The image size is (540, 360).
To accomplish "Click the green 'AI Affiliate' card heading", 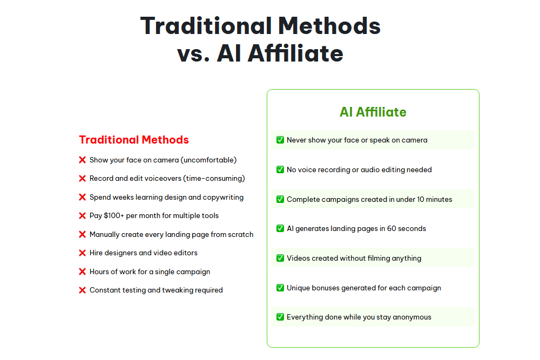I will (x=373, y=112).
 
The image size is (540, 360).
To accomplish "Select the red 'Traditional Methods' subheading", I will (x=134, y=140).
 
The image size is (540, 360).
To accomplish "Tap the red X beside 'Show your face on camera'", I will (x=83, y=160).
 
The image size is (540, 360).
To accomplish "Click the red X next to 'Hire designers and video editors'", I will (x=83, y=253).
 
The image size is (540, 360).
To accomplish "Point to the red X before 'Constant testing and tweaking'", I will (x=83, y=290).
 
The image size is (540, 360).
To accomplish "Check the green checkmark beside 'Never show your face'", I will (x=280, y=140).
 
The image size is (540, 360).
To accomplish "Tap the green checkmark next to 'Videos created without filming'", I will (x=280, y=258).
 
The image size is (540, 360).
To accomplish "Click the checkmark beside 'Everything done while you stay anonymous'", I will (x=280, y=317).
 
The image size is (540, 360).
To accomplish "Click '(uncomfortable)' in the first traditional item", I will (x=208, y=160).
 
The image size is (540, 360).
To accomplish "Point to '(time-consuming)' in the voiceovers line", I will (x=214, y=179).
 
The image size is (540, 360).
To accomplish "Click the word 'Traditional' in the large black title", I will (x=205, y=26).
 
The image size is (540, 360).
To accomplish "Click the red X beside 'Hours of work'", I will (x=83, y=271).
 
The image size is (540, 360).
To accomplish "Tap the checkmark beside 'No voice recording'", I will (x=280, y=169).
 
